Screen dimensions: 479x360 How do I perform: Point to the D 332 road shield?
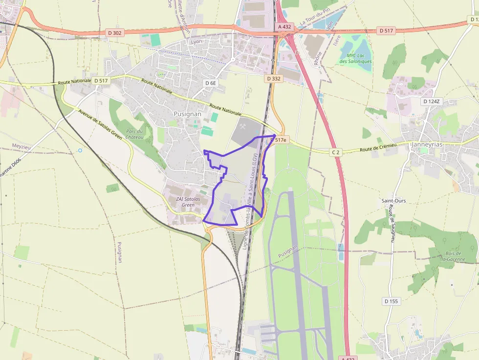[x=274, y=78]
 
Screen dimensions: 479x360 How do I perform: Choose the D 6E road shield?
[x=210, y=83]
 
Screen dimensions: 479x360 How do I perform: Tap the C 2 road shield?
[x=335, y=152]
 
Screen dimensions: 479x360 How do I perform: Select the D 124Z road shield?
[x=431, y=101]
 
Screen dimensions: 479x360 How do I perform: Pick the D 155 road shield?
[x=392, y=301]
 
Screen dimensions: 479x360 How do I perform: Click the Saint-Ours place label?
[x=394, y=201]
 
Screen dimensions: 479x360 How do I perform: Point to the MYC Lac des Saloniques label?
[x=355, y=58]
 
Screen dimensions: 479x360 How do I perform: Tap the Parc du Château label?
[x=134, y=134]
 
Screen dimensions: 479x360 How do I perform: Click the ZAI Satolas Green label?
[x=188, y=202]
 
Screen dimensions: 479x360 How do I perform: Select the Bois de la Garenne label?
[x=454, y=256]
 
